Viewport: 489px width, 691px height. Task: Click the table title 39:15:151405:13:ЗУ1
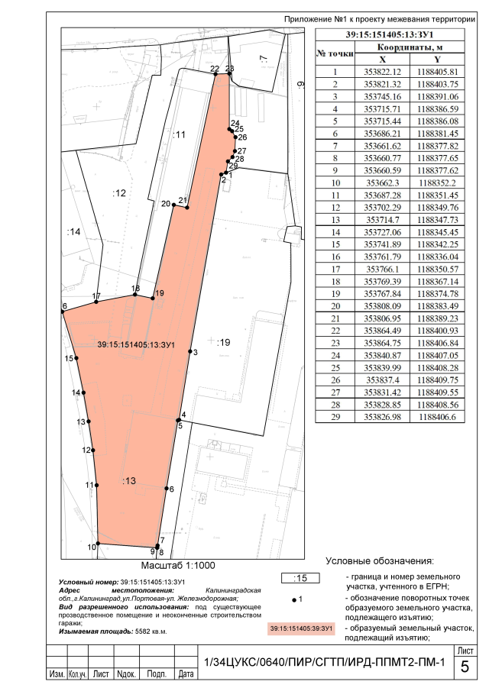coord(390,35)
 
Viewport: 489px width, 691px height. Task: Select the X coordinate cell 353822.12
coord(382,72)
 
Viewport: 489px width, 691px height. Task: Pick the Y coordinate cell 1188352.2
coord(437,183)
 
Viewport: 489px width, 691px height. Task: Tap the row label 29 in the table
coord(335,416)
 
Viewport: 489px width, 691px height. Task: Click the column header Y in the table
coord(437,60)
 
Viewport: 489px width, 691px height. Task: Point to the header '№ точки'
coord(335,53)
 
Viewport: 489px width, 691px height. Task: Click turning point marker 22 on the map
coord(216,75)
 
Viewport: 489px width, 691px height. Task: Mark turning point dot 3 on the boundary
coord(190,351)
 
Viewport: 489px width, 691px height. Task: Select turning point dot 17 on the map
coord(96,302)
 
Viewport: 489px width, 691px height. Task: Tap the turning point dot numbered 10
coord(98,544)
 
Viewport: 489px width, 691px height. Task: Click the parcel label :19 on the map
coord(224,342)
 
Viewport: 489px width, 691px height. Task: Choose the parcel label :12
coord(119,193)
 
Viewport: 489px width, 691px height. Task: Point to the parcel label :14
coord(73,231)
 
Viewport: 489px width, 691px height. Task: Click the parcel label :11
coord(179,134)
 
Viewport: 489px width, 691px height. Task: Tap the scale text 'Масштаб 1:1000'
coord(178,566)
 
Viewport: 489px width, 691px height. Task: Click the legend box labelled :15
coord(300,578)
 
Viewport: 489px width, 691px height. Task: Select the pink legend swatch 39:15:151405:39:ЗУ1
coord(301,628)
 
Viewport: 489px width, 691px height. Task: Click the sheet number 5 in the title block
coord(465,667)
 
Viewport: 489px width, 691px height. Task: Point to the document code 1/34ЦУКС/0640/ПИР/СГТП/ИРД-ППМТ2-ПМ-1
coord(325,662)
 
